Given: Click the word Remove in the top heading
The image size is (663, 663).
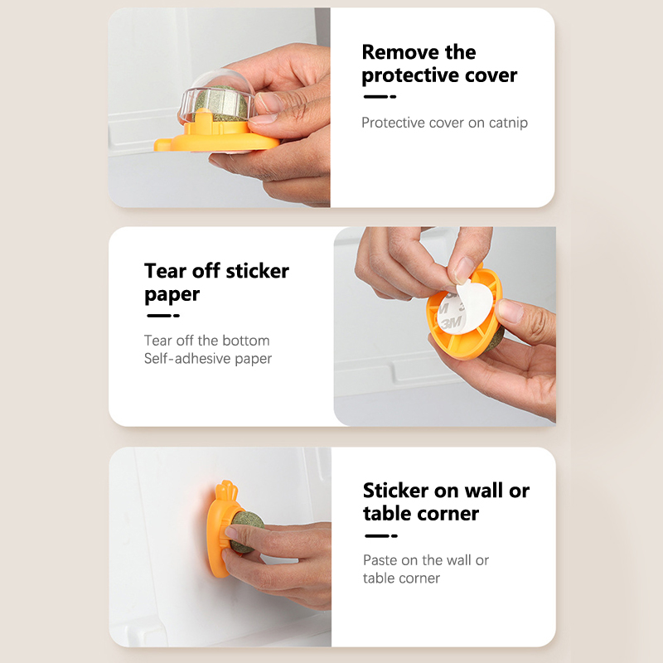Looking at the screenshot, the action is tap(400, 52).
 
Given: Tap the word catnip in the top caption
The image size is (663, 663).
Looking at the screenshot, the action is tap(508, 123).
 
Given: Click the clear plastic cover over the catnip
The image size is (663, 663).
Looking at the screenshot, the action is tap(215, 98).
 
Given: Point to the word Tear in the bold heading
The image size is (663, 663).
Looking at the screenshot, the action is tap(165, 271).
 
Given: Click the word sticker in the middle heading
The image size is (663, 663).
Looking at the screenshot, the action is tap(258, 271).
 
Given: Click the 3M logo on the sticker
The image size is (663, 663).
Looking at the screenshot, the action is tap(451, 323).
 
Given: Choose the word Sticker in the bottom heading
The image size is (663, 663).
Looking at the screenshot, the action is tap(396, 491).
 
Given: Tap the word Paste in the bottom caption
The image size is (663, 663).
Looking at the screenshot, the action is tap(380, 560).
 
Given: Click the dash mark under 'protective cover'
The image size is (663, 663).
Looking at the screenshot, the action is tap(380, 97).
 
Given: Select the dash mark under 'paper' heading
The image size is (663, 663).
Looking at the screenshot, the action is tap(163, 316).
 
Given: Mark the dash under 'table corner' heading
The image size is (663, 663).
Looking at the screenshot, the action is tap(381, 535).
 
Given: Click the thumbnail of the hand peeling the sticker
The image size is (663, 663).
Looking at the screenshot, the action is tap(445, 327).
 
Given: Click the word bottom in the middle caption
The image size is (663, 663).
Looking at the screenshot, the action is tap(245, 341).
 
